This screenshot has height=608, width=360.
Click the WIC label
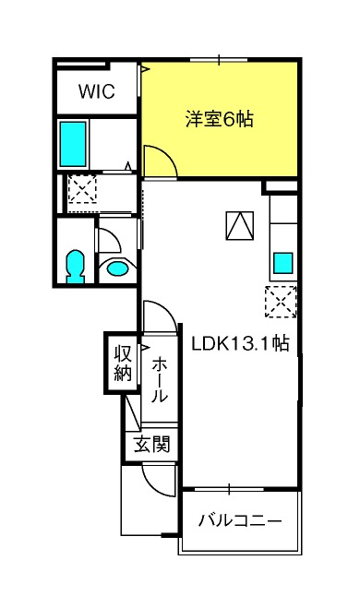pos(97,91)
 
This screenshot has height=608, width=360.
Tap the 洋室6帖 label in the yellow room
pos(219,119)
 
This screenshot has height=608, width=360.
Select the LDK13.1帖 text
pos(241,343)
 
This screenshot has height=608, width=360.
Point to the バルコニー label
pos(240,520)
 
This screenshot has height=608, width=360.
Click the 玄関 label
pos(151,444)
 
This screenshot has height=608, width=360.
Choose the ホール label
pos(160,380)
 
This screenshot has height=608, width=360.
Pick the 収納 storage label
pos(123,363)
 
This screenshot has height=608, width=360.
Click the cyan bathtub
pos(73,144)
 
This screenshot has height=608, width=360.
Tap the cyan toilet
pos(76,267)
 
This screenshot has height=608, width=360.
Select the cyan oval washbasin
pos(117,268)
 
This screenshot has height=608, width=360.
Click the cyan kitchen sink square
pos(283,263)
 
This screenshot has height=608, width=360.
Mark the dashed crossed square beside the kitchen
pos(281,302)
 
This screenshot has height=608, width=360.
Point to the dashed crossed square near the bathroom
pos(82,188)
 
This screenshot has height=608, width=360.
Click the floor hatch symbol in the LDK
pos(240,225)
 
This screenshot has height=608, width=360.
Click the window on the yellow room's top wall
pos(219,60)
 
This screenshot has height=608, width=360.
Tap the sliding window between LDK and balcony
pos(229,489)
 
